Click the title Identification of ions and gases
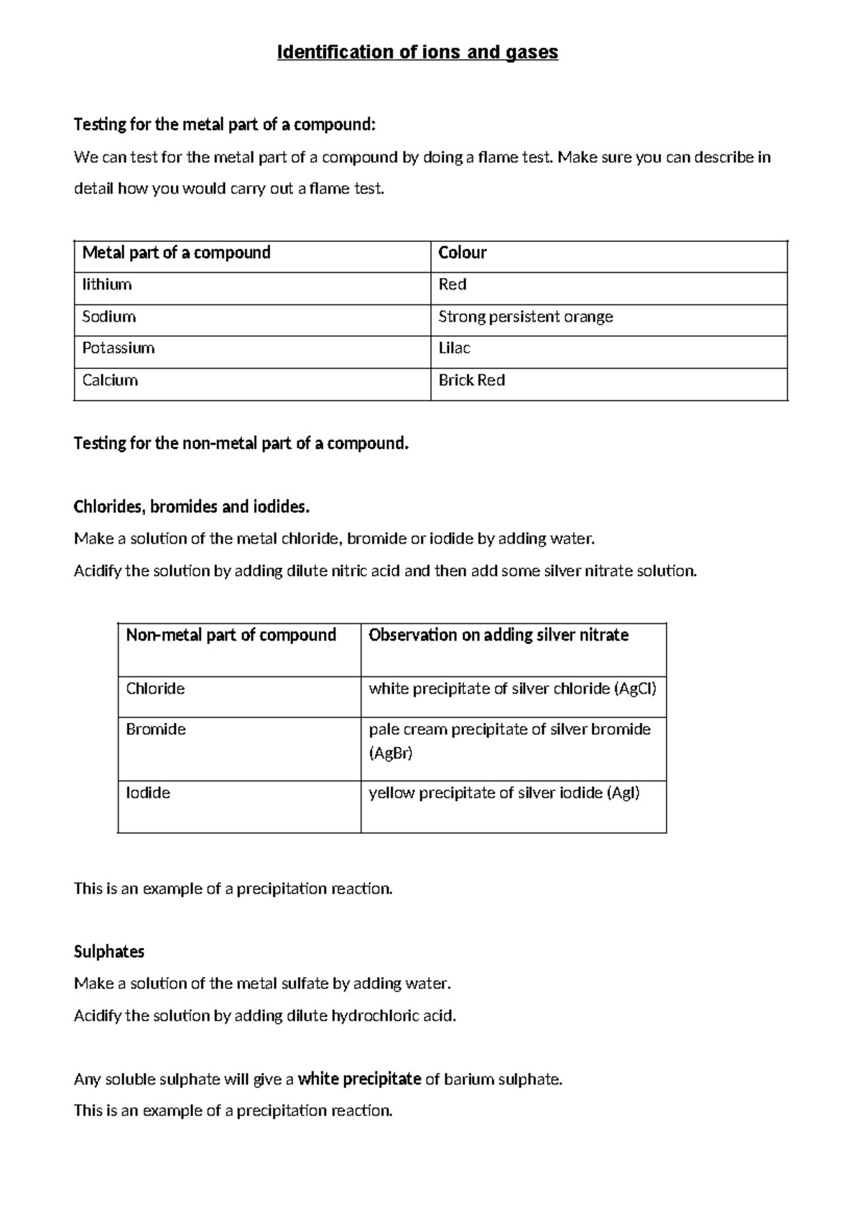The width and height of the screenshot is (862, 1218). click(417, 52)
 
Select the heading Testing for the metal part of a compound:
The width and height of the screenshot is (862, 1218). click(224, 125)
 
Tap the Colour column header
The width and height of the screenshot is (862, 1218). click(463, 253)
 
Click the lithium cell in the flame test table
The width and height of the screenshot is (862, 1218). click(107, 284)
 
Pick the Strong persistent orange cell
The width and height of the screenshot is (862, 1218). click(525, 317)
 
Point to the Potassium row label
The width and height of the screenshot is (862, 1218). click(119, 348)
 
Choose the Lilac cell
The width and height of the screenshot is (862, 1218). click(454, 348)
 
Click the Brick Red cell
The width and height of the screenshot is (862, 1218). click(471, 380)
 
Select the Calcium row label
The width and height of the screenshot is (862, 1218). click(110, 380)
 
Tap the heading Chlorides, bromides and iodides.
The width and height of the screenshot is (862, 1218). click(192, 507)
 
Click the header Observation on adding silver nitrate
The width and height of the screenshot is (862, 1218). click(499, 635)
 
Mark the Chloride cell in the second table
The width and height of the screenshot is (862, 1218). click(155, 689)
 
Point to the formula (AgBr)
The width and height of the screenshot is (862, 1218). click(391, 753)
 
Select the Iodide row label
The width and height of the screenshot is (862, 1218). click(148, 793)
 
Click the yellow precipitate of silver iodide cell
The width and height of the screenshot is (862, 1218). click(504, 793)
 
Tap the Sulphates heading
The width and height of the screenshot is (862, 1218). click(109, 952)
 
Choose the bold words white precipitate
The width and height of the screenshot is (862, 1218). click(359, 1079)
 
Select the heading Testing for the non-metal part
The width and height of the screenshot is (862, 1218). click(241, 444)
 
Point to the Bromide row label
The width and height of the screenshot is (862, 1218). click(156, 730)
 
